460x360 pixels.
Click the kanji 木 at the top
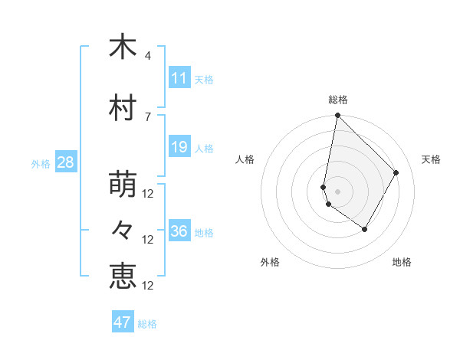click(123, 47)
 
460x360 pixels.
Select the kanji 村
click(123, 109)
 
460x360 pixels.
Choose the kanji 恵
click(123, 277)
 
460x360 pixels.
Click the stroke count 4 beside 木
click(148, 56)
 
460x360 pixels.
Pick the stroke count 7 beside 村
click(148, 116)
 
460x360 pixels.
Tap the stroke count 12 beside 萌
click(149, 194)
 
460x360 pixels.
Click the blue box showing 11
click(179, 78)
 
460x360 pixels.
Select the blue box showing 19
click(179, 147)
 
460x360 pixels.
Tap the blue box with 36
click(179, 231)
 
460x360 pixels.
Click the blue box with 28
click(65, 162)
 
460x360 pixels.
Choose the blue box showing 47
click(123, 322)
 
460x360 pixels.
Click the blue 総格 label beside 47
click(147, 324)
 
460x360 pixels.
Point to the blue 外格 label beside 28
click(41, 163)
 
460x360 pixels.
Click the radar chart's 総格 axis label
click(338, 100)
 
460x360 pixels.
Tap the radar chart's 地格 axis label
click(402, 262)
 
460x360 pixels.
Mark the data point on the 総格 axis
click(337, 116)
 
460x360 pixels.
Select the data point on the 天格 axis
click(396, 172)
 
